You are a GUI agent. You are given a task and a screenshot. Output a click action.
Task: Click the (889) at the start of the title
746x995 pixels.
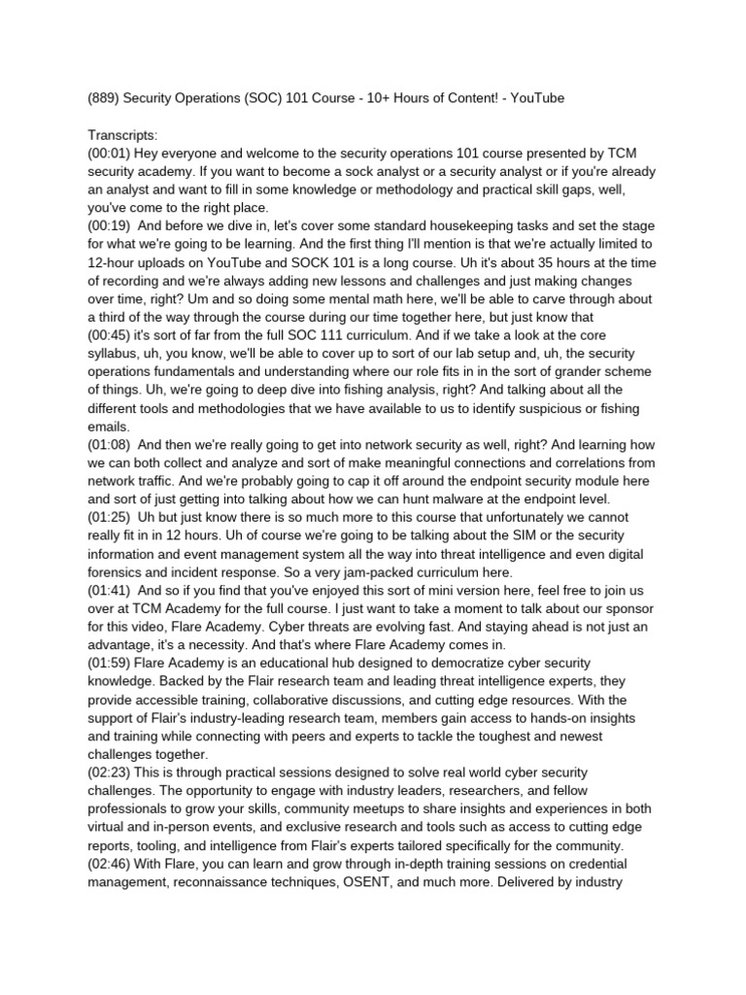click(103, 98)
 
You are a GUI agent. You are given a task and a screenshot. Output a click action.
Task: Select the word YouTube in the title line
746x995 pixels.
click(533, 98)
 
